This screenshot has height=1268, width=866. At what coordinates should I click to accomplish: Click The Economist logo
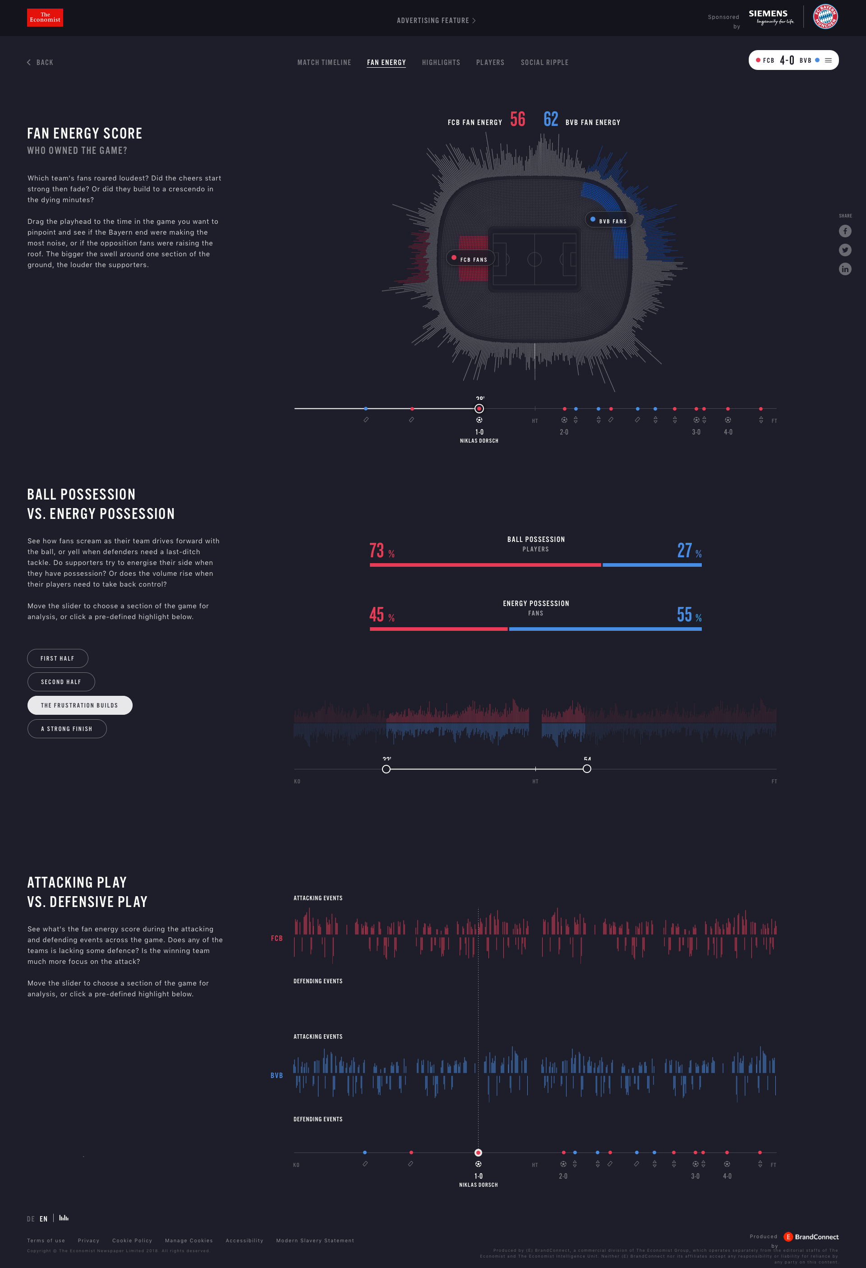coord(45,18)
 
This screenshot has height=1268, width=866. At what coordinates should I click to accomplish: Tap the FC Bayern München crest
coord(825,17)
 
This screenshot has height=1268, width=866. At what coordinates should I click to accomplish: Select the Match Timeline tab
coord(324,63)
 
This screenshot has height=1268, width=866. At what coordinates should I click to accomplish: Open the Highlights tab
coord(441,63)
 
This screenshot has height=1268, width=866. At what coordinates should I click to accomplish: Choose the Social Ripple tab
coord(544,63)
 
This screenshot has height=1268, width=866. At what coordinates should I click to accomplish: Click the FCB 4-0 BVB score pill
coord(793,60)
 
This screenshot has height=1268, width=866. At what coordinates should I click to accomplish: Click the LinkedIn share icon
coord(845,269)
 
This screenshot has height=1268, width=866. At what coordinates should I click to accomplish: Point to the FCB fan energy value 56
coord(517,120)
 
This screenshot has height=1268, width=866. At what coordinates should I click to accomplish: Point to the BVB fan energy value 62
coord(551,120)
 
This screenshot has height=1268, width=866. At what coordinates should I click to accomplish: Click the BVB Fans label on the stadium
coord(609,220)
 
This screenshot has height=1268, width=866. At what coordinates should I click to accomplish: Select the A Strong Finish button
coord(67,729)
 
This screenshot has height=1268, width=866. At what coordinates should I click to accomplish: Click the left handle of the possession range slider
coord(386,769)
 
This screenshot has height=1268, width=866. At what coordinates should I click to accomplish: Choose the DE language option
coord(31,1219)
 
